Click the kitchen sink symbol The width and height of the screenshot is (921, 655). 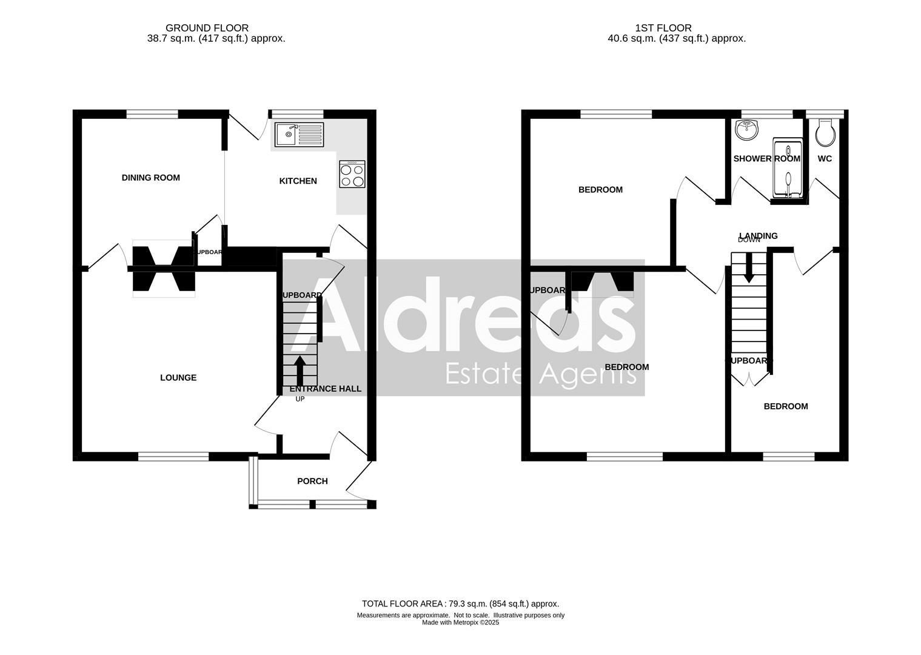(x=300, y=134)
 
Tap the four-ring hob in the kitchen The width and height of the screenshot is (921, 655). (x=352, y=174)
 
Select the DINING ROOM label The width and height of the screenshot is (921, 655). (x=151, y=178)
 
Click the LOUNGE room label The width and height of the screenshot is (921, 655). (x=178, y=378)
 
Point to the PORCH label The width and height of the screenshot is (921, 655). (x=312, y=481)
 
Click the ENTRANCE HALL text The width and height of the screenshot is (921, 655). (x=326, y=389)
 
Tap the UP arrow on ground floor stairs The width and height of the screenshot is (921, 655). (x=300, y=369)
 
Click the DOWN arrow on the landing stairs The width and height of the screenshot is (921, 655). (x=749, y=267)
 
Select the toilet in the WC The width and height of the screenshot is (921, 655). (x=825, y=133)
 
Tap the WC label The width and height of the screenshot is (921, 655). (x=825, y=159)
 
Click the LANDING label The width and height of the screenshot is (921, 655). (x=759, y=235)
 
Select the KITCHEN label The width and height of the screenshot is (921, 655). (x=298, y=181)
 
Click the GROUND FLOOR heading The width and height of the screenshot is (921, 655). (x=207, y=28)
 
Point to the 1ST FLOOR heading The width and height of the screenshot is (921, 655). (x=663, y=28)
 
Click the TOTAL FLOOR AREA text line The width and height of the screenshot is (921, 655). (x=460, y=603)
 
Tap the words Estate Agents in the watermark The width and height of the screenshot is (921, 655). (x=540, y=374)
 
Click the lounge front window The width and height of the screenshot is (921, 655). (x=173, y=456)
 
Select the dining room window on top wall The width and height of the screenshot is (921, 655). (x=152, y=114)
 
